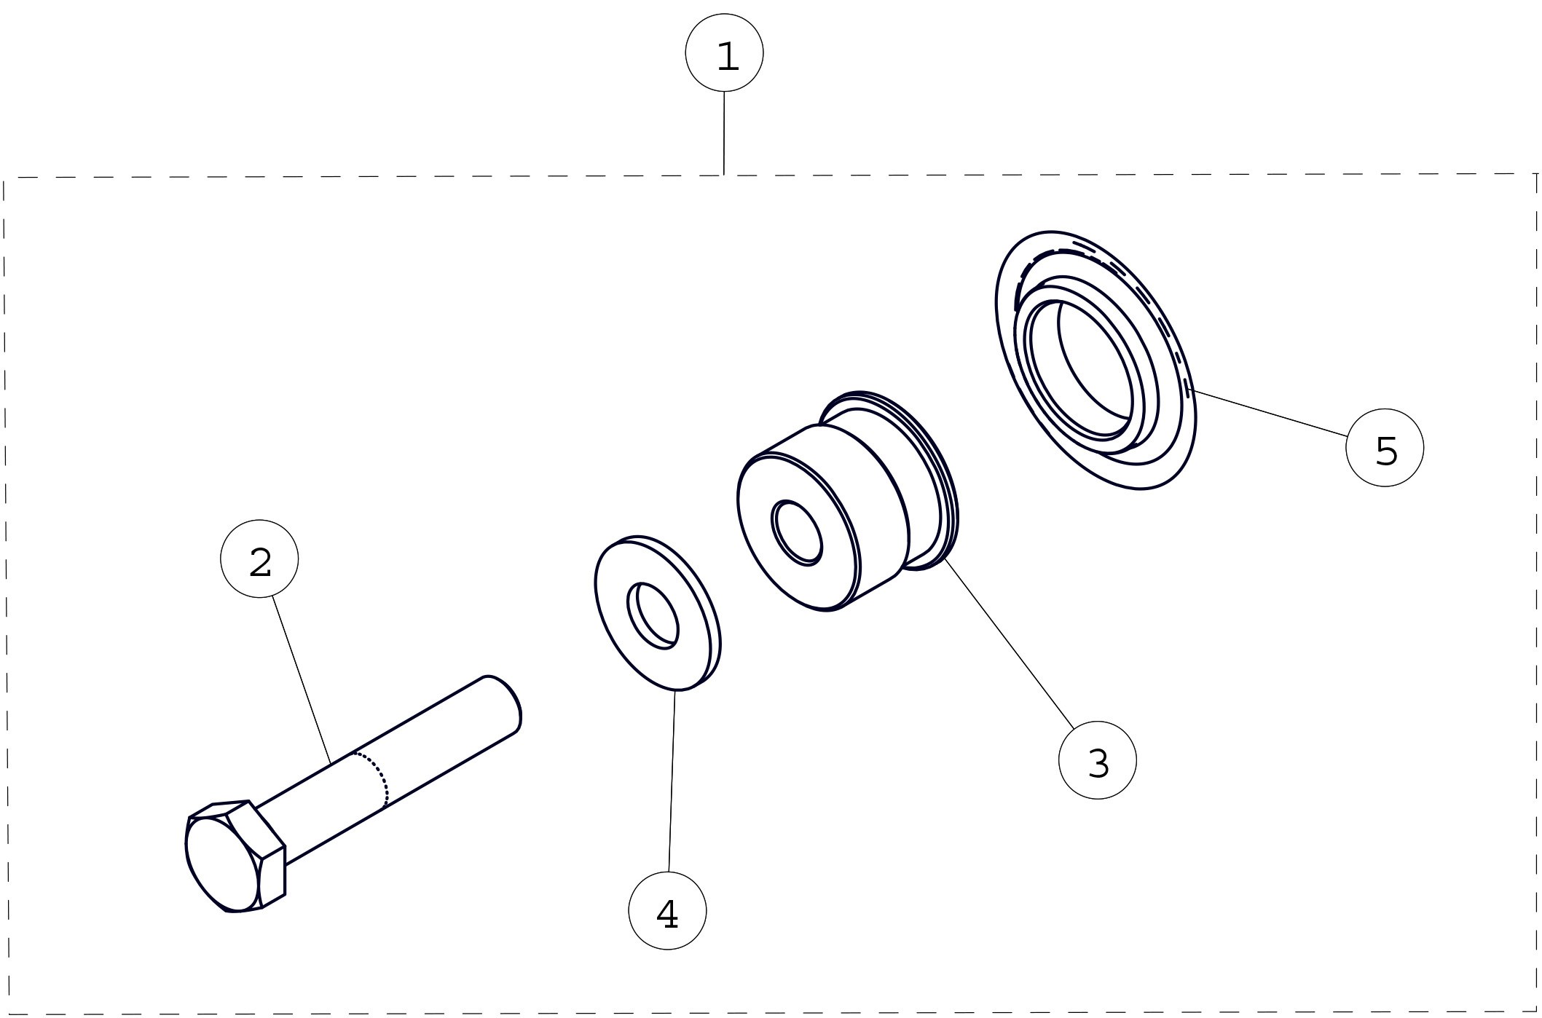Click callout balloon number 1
tap(724, 53)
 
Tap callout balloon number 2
tap(259, 559)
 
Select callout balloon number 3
tap(1097, 760)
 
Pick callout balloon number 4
tap(667, 910)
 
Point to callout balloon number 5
tap(1385, 447)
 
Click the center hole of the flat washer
tap(653, 615)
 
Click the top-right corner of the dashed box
tap(1537, 174)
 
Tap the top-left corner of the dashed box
tap(4, 178)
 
